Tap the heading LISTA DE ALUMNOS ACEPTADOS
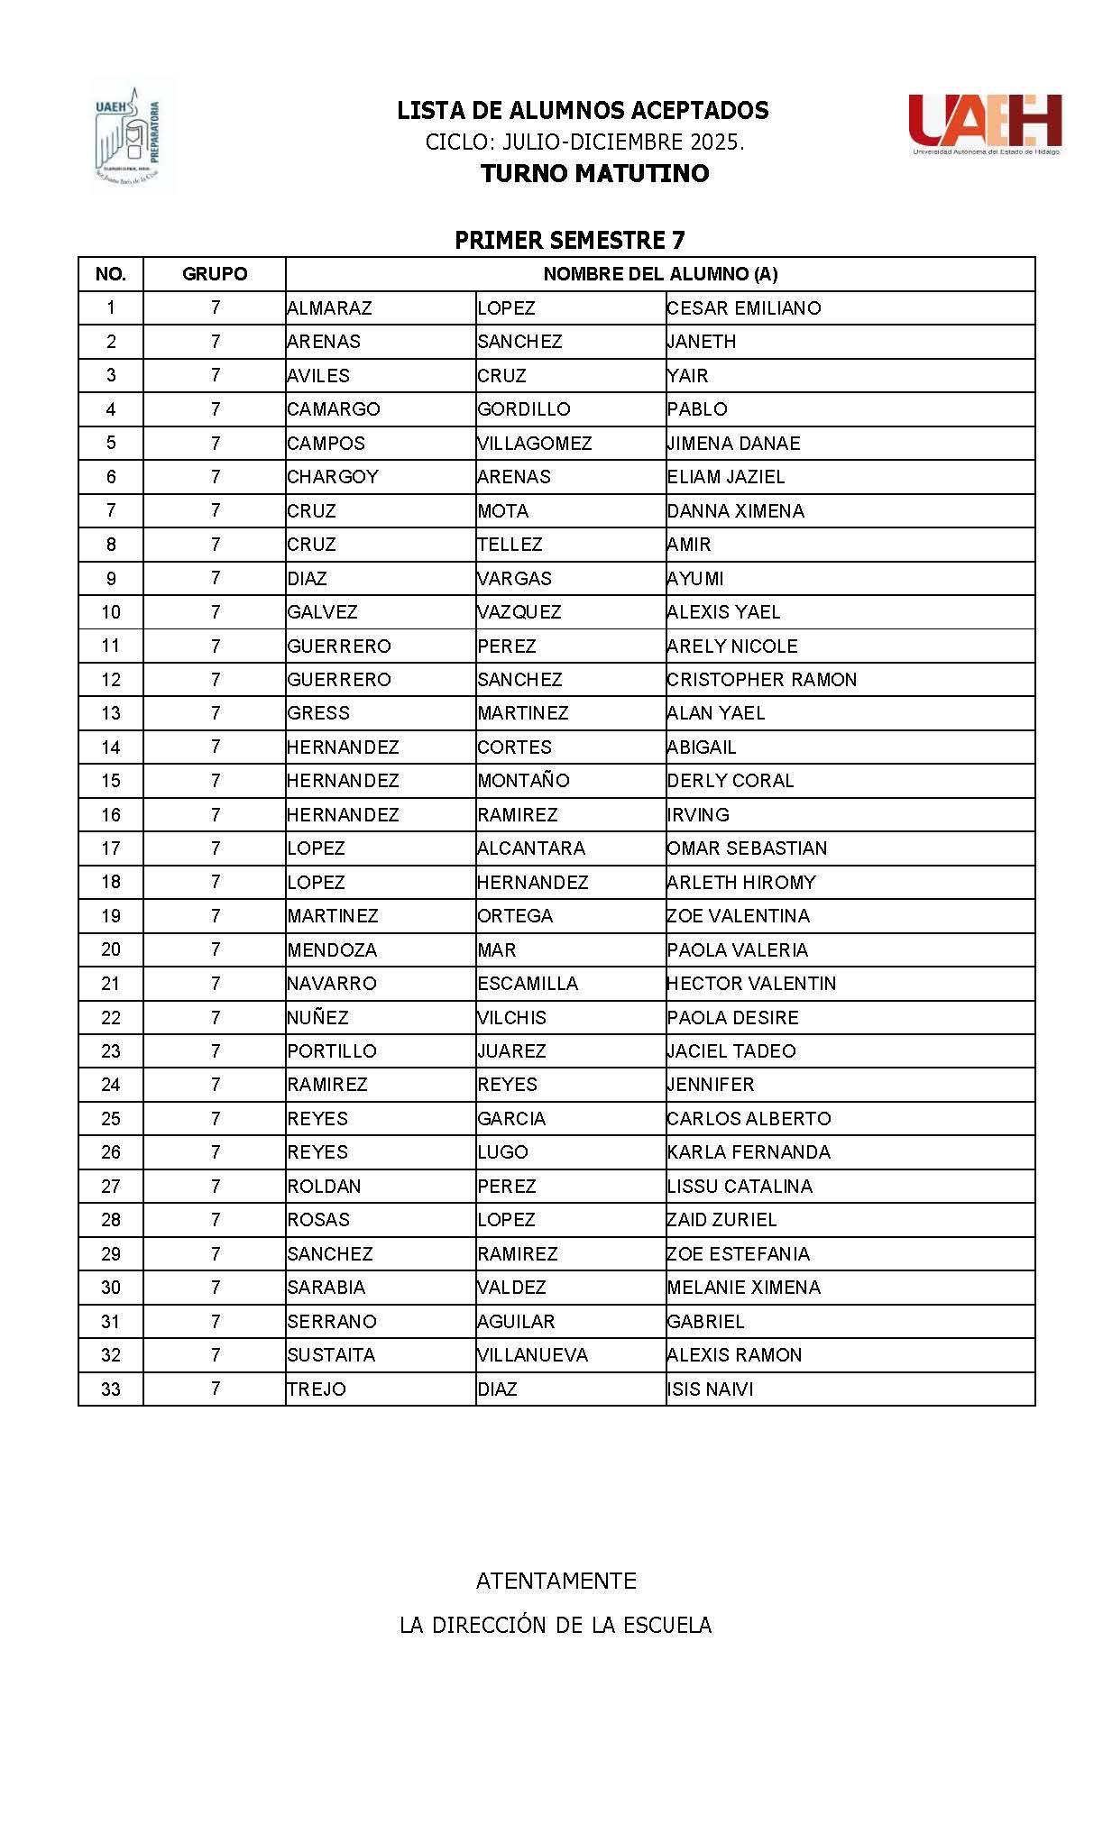tap(583, 111)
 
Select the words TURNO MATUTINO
tap(594, 173)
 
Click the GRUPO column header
tap(215, 274)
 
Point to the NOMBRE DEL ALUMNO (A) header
tap(660, 274)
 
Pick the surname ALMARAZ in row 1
tap(329, 308)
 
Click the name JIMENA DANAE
tap(733, 444)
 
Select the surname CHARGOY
tap(333, 477)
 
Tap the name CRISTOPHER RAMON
tap(761, 680)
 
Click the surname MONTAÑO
tap(523, 781)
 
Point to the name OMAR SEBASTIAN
tap(747, 848)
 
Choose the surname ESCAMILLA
tap(528, 984)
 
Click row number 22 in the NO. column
tap(111, 1018)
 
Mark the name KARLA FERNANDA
tap(749, 1152)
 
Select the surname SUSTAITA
tap(331, 1355)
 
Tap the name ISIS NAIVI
tap(710, 1389)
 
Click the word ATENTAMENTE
tap(556, 1581)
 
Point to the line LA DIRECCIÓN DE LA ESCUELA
tap(556, 1626)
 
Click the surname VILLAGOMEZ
tap(534, 444)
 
